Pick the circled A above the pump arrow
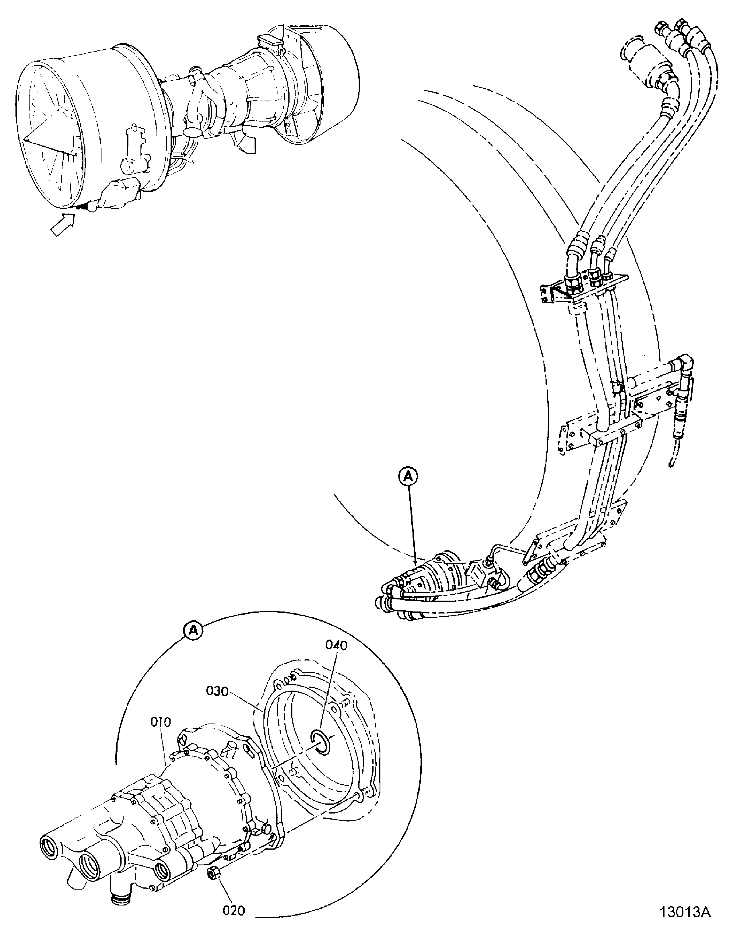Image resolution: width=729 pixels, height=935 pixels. pyautogui.click(x=408, y=476)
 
